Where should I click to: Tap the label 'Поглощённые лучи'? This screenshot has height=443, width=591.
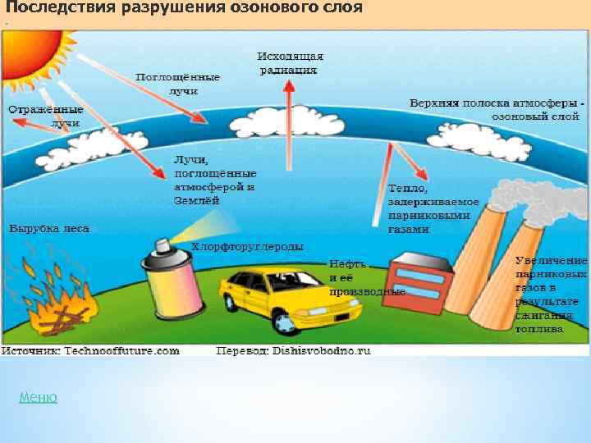[179, 83]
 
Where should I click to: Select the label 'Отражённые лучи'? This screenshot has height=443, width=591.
[47, 116]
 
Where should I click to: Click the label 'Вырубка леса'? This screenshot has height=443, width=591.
[49, 229]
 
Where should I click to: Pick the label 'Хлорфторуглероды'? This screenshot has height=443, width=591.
[248, 246]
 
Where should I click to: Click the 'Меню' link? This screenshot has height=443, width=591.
[38, 398]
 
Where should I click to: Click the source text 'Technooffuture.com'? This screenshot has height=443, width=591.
[122, 351]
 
